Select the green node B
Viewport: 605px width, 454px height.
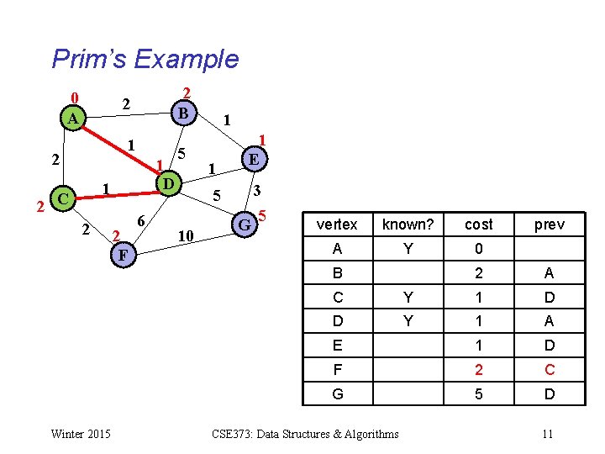183,112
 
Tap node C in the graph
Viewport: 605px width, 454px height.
61,199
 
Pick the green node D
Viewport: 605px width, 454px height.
168,182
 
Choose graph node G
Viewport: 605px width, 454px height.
244,224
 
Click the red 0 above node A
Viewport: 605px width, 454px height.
74,98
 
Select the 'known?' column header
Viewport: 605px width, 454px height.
408,224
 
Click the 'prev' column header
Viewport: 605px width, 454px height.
549,224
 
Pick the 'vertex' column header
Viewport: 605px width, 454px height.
337,224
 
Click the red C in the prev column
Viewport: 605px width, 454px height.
549,369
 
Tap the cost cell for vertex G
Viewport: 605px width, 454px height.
478,393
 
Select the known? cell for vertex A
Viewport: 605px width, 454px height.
408,249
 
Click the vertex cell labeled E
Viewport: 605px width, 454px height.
337,346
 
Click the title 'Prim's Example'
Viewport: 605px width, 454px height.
145,59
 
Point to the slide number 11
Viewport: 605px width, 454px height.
547,434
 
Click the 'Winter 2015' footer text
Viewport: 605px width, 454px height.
80,434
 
